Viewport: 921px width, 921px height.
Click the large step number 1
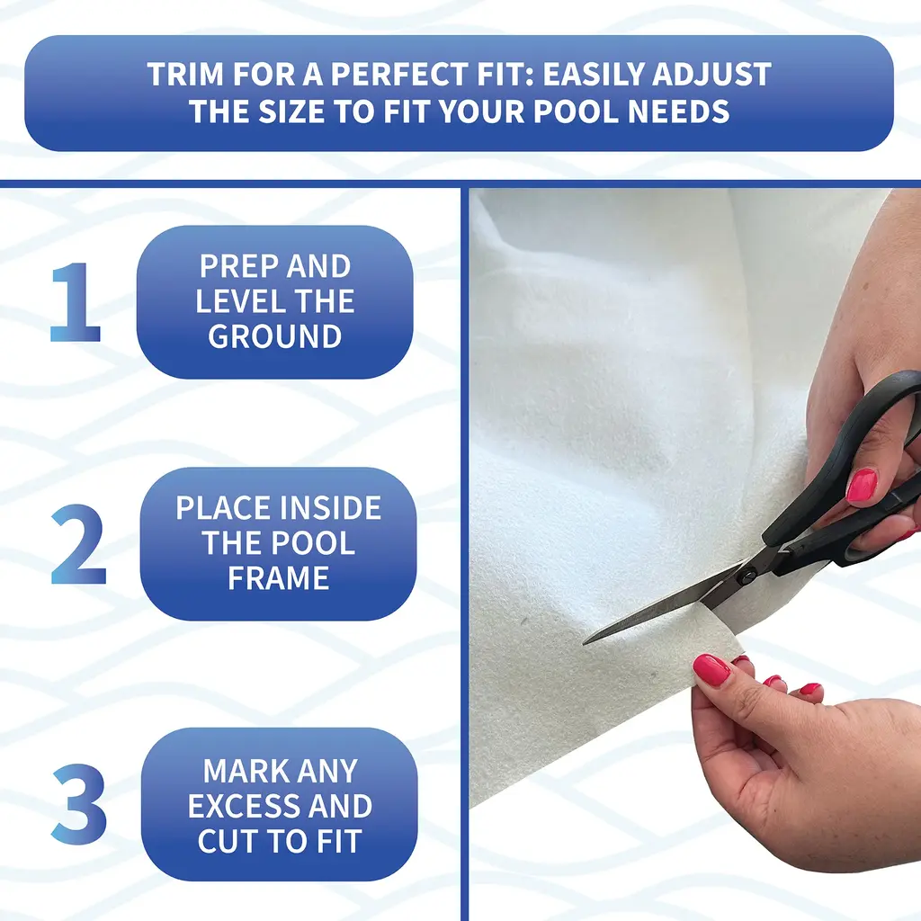76,302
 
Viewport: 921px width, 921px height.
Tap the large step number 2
79,544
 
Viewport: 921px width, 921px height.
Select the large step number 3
79,803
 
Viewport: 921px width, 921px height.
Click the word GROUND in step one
275,336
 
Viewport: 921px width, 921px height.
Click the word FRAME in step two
279,578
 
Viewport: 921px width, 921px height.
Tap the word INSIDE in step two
329,508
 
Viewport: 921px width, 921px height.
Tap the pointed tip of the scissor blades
585,642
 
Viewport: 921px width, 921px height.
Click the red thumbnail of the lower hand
711,670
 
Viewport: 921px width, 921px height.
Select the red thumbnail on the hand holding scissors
861,486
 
